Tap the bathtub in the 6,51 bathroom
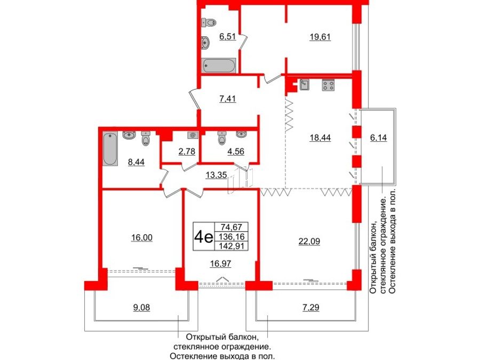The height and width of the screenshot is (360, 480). click(x=219, y=66)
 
